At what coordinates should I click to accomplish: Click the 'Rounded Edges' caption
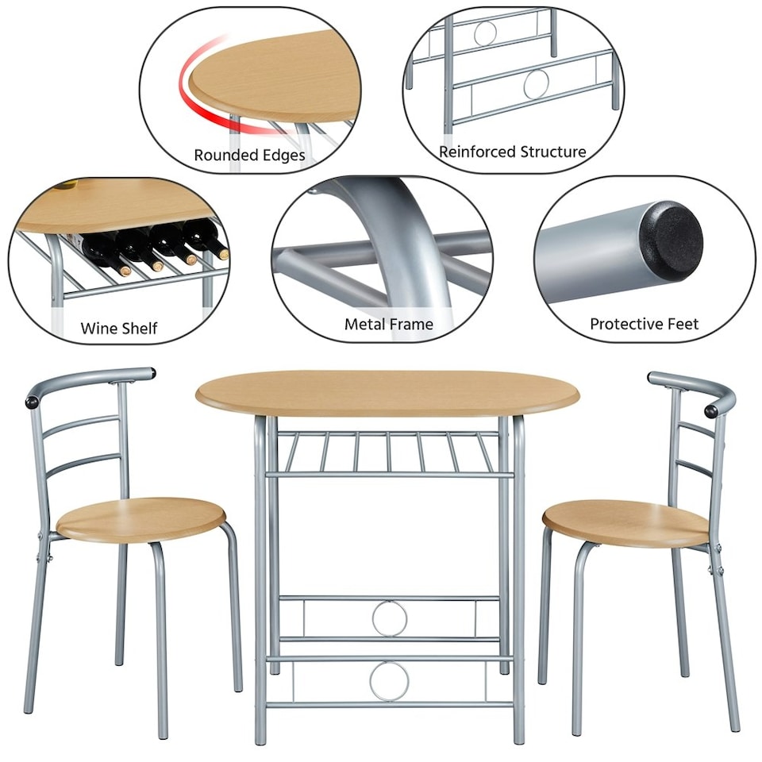coord(249,155)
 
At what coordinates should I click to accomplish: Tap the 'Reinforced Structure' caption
coord(513,151)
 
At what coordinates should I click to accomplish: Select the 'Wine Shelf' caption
coord(119,328)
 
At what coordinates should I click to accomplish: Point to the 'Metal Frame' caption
coord(389,324)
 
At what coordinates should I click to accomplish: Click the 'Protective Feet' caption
coord(645,324)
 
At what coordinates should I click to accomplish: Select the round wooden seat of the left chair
coord(141,518)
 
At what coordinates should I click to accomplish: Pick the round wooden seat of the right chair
coord(625,521)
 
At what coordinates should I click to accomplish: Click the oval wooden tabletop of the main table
coord(387,393)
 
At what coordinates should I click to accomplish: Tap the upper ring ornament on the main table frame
coord(390,618)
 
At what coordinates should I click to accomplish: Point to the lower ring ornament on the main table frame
coord(390,680)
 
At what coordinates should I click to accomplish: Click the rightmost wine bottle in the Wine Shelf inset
coord(208,239)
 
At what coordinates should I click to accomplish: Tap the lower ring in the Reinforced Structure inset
coord(537,83)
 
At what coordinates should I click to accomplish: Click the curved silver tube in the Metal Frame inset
coord(413,238)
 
